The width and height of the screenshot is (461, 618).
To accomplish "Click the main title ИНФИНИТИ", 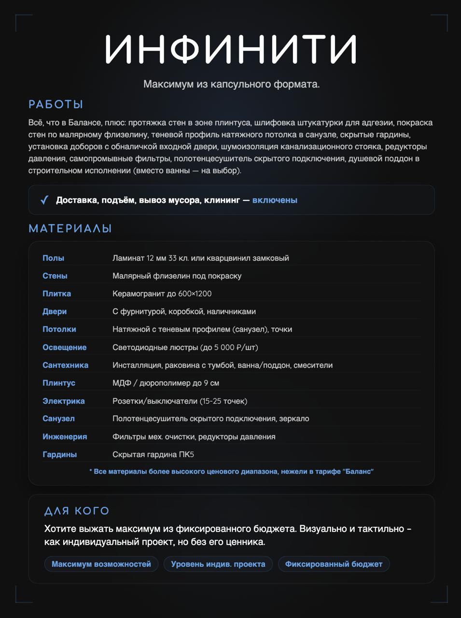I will (231, 49).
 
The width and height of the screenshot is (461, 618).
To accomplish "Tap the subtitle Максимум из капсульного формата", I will (231, 84).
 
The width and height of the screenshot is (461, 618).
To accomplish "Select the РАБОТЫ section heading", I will (56, 104).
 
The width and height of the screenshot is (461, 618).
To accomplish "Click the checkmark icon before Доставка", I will (44, 200).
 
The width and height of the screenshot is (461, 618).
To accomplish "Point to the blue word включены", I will (275, 200).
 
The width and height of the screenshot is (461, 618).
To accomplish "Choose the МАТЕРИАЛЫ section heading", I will (70, 228).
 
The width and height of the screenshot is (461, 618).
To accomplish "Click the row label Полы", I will (53, 258).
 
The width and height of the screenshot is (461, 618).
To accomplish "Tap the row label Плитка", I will (56, 294).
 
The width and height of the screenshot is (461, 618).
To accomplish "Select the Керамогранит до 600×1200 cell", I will (162, 294).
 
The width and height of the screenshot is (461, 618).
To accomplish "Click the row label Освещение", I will (64, 347).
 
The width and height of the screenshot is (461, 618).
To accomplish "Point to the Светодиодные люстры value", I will (185, 347).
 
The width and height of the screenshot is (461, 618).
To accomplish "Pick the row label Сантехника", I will (65, 365).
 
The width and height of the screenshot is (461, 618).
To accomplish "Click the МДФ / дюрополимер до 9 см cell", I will (166, 383).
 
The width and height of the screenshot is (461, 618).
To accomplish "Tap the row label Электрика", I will (63, 401).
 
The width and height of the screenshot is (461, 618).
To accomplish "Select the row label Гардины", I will (59, 454).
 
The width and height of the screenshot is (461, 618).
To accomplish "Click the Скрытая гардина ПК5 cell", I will (153, 454).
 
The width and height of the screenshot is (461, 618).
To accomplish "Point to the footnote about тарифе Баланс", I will (231, 471).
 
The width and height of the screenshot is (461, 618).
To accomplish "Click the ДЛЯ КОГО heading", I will (77, 511).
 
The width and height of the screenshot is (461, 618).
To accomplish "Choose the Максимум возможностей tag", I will (101, 564).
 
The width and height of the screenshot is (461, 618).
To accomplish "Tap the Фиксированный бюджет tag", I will (334, 564).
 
